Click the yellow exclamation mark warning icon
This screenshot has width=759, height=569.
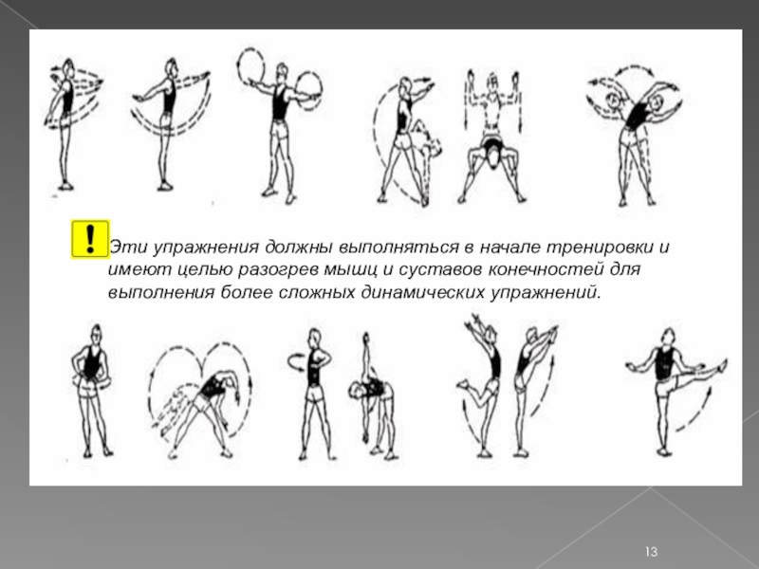pos(90,239)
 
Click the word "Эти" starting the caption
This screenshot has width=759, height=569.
pos(124,247)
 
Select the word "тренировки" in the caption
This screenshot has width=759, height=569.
pos(600,248)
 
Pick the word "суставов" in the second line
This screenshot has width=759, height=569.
pos(439,270)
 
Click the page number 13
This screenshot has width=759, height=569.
pos(651,552)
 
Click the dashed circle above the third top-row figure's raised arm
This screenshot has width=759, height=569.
pos(250,66)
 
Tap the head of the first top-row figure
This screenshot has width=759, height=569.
pos(68,67)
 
